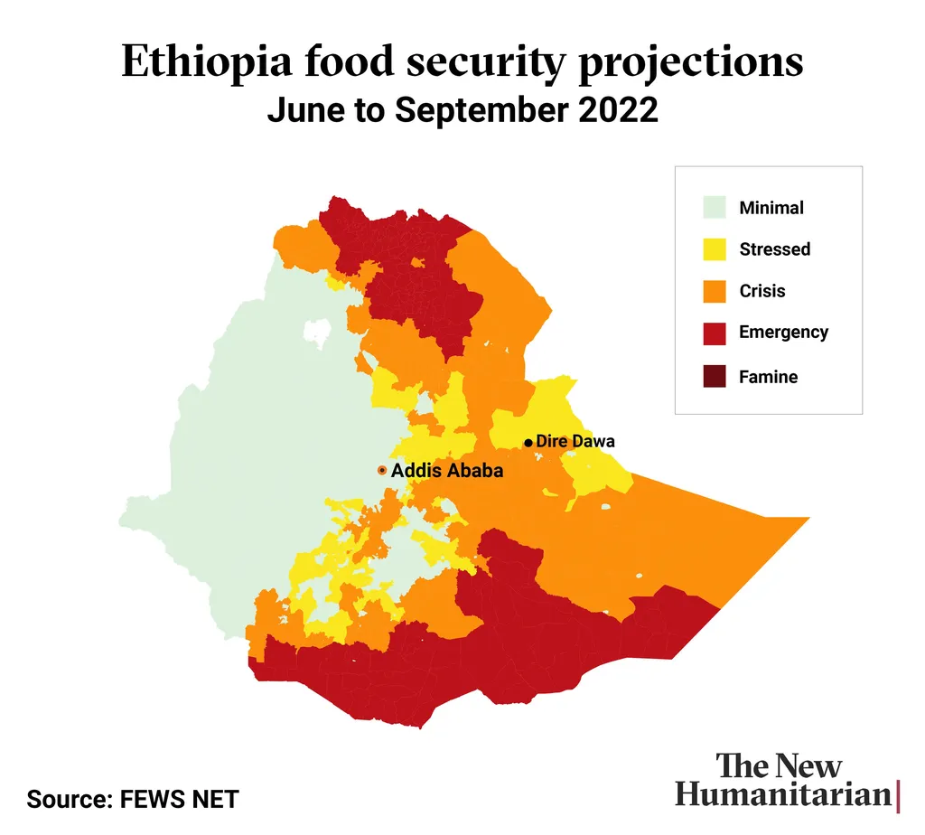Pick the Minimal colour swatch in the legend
point(715,207)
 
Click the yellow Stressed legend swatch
point(715,249)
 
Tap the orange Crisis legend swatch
point(715,291)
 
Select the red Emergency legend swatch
point(715,333)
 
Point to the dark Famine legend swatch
point(715,377)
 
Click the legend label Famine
point(768,377)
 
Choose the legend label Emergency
point(783,333)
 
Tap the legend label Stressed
point(774,249)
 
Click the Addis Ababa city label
point(446,471)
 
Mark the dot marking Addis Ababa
point(382,471)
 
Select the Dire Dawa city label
point(575,442)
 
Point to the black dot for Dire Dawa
point(528,443)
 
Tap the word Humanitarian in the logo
point(782,795)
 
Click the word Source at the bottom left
point(66,799)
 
